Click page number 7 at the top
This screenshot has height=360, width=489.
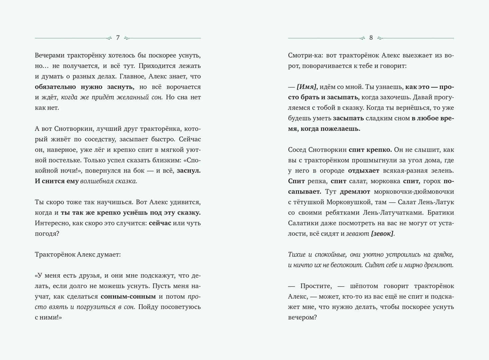[118, 38]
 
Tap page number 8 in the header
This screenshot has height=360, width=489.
[371, 38]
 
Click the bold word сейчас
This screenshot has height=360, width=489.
[160, 223]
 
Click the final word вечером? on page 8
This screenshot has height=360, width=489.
[302, 318]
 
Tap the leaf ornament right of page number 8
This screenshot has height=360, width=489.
[380, 38]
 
